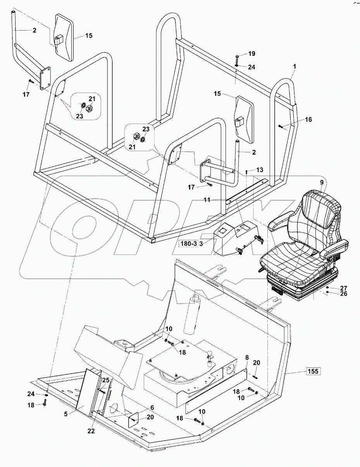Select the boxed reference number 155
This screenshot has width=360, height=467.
point(313,371)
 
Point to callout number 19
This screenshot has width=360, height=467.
point(252,53)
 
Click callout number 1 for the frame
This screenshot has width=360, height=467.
point(294,67)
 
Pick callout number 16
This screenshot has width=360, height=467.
point(308,120)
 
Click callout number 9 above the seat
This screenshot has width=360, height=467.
point(321,182)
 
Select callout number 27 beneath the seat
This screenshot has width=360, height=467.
point(344,288)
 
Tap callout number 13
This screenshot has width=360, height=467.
point(260,170)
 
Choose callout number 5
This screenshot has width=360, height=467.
point(66,414)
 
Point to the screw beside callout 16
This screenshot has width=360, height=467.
point(281,126)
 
